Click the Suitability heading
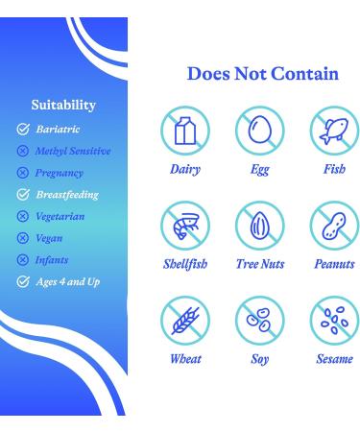point(62,105)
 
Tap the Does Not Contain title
point(262,74)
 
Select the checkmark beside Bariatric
point(22,128)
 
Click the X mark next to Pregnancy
point(22,173)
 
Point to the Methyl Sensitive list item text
point(72,151)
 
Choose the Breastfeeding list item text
point(66,195)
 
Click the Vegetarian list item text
point(61,217)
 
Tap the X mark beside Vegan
point(22,238)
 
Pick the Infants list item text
point(53,259)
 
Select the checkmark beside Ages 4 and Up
point(22,281)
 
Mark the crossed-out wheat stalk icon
point(184,322)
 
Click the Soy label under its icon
point(259,361)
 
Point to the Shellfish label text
point(184,264)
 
